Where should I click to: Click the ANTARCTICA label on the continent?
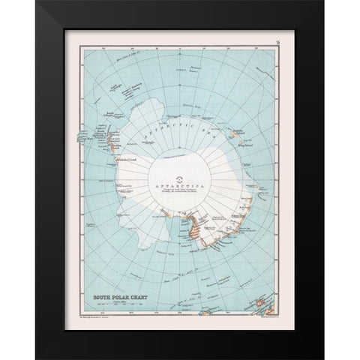click(180, 184)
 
